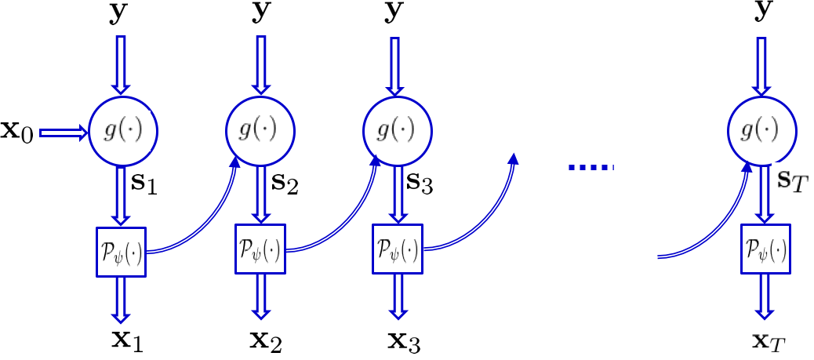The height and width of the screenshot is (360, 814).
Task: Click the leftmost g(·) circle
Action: [x=122, y=131]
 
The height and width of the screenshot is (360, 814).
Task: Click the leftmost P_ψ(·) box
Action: [x=122, y=251]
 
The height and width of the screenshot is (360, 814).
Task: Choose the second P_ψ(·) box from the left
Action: [x=260, y=249]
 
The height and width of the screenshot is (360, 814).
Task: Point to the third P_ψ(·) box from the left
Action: [x=398, y=249]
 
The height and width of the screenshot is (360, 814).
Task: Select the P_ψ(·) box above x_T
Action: [x=765, y=249]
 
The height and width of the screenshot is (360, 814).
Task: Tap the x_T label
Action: [x=767, y=342]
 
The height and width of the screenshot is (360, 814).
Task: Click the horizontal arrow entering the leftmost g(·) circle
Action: [x=64, y=133]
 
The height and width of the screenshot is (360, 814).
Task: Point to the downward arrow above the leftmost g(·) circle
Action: [x=122, y=64]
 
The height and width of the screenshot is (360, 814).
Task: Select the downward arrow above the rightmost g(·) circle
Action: [x=761, y=64]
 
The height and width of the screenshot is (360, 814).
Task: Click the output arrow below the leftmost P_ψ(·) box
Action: [x=122, y=300]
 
